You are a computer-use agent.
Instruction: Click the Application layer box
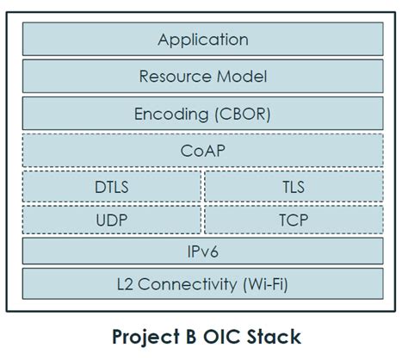[x=203, y=40]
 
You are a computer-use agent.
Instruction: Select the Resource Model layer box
[x=203, y=77]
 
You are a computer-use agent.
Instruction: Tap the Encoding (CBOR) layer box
[x=203, y=113]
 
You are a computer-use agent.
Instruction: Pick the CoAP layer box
[x=203, y=150]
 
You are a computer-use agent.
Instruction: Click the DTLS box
[x=112, y=187]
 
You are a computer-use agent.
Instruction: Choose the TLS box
[x=294, y=187]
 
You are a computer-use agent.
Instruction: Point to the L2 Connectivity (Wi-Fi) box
[x=203, y=283]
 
